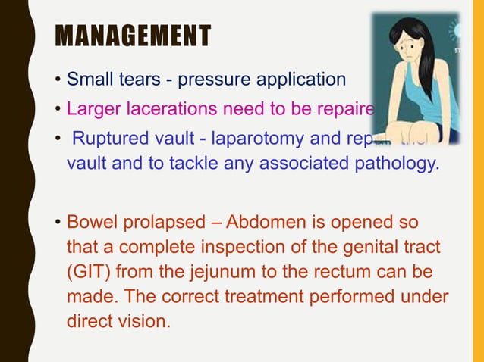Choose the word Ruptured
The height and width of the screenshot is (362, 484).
pyautogui.click(x=113, y=138)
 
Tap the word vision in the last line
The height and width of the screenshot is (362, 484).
pyautogui.click(x=142, y=320)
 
